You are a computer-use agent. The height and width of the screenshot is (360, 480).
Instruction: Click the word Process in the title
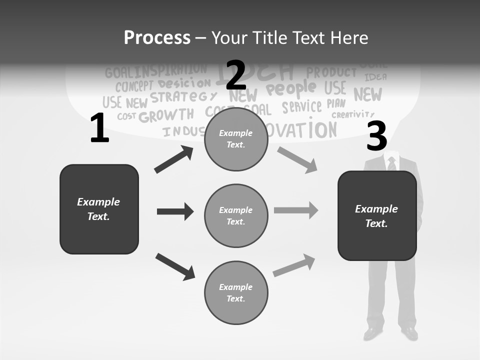pos(157,37)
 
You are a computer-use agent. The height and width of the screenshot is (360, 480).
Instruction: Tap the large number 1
pos(99,128)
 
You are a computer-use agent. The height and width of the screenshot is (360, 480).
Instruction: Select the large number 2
pos(236,75)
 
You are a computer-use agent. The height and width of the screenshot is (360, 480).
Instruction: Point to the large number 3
pos(376,136)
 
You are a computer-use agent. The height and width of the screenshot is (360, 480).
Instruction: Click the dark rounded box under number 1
pos(99,209)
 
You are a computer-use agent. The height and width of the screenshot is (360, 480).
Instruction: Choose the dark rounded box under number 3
pos(377,215)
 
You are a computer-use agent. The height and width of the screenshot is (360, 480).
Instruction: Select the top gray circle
pos(236,139)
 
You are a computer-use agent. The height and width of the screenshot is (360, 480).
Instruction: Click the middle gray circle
pos(236,215)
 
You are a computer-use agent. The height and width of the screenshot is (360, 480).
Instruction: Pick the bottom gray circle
pos(236,292)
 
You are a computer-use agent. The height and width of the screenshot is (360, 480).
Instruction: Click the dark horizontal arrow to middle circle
pos(175,211)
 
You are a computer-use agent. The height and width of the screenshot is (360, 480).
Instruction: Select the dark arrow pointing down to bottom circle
pos(175,266)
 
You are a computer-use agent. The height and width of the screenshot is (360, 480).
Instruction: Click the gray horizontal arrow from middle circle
pos(296,210)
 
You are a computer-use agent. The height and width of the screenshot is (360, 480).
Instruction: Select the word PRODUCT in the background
pos(331,72)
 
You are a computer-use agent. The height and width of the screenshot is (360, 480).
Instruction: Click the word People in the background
pos(291,89)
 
